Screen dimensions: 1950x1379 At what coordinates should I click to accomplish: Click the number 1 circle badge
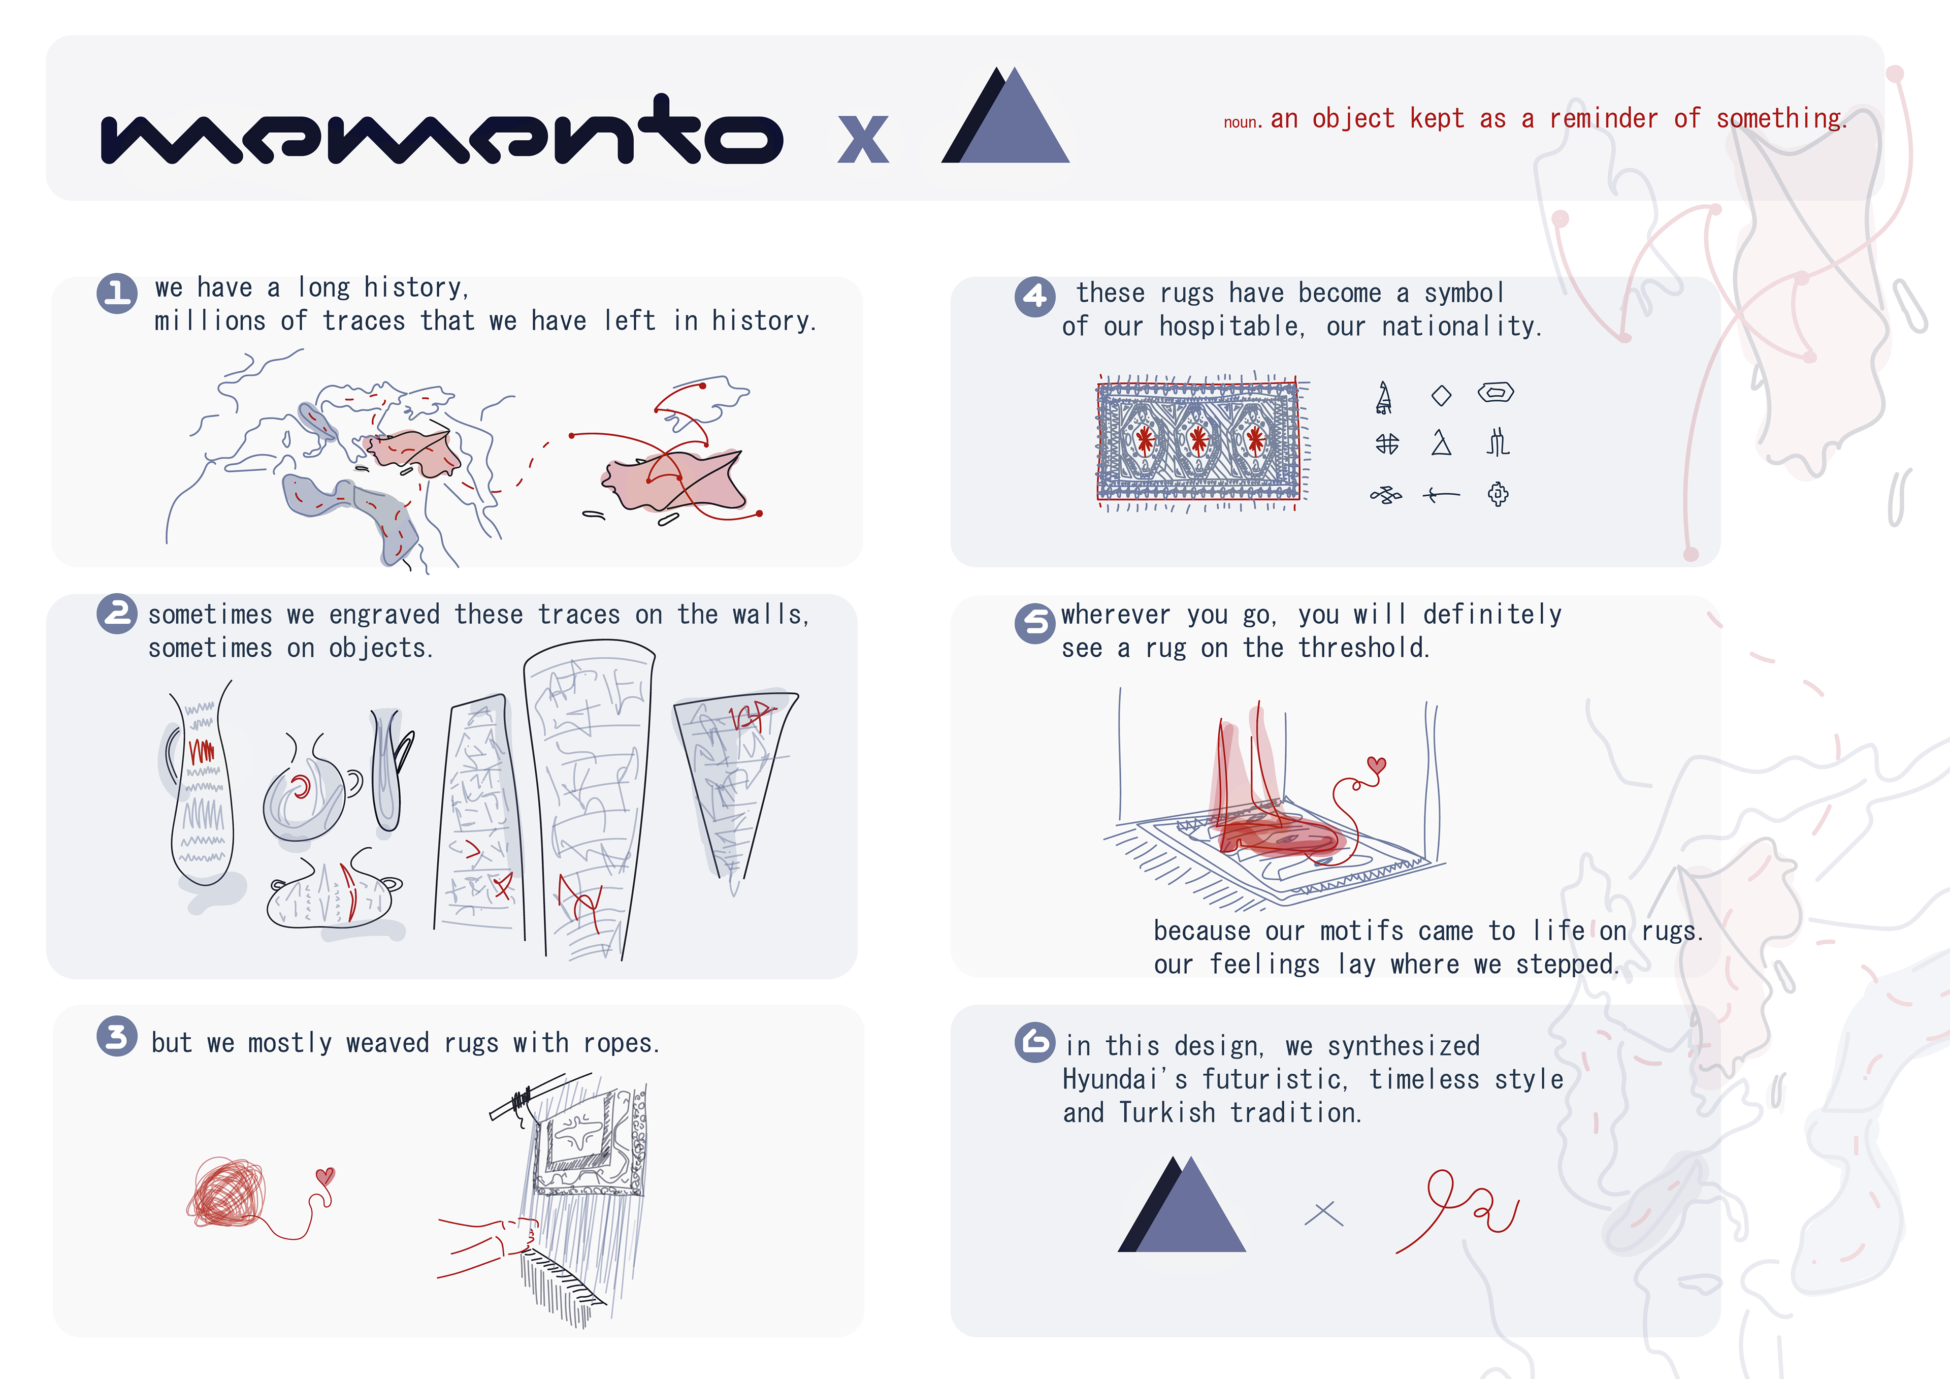pyautogui.click(x=117, y=293)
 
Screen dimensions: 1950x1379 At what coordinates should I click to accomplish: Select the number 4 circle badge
pyautogui.click(x=1034, y=297)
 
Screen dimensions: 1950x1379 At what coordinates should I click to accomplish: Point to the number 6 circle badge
pyautogui.click(x=1034, y=1043)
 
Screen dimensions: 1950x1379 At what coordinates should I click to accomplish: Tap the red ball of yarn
pyautogui.click(x=227, y=1192)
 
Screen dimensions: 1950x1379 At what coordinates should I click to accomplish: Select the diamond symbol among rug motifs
pyautogui.click(x=1441, y=395)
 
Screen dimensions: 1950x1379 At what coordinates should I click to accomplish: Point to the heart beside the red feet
pyautogui.click(x=1377, y=765)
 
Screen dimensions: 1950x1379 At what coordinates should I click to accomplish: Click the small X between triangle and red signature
pyautogui.click(x=1323, y=1213)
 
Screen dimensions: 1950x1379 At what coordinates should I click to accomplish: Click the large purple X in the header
pyautogui.click(x=863, y=139)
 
